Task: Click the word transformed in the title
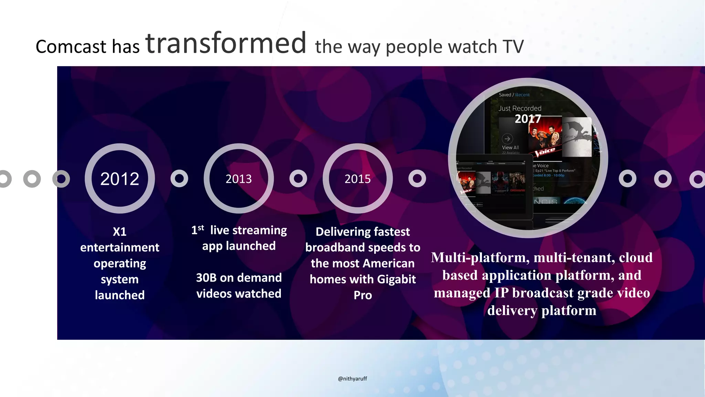(x=226, y=43)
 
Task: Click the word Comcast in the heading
(x=71, y=47)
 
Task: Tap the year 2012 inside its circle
(x=119, y=179)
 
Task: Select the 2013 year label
(x=239, y=179)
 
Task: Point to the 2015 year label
(x=358, y=179)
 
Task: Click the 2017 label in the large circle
(x=528, y=119)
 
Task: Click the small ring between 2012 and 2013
(x=179, y=179)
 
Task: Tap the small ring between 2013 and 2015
(x=298, y=179)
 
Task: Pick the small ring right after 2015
(x=417, y=179)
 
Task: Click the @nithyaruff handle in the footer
(x=352, y=378)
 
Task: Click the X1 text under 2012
(x=119, y=232)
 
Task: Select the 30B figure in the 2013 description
(x=206, y=278)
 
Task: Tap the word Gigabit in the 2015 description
(x=396, y=279)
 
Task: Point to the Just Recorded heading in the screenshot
(x=520, y=108)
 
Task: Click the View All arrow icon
(x=507, y=139)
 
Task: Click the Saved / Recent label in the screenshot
(x=514, y=95)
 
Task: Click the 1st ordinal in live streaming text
(x=198, y=230)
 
